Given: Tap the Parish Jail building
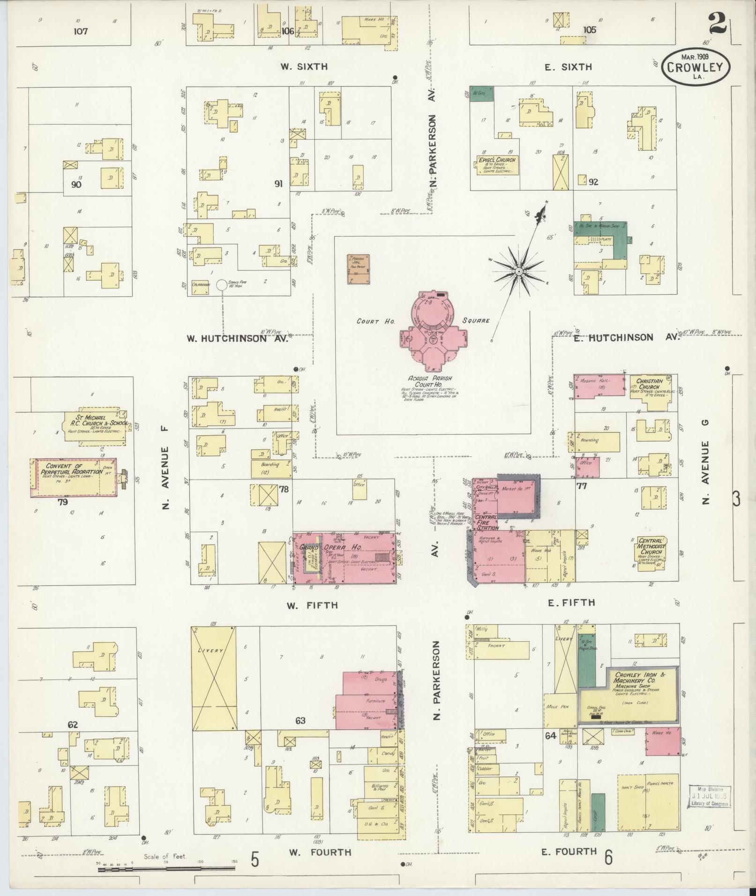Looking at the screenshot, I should (x=359, y=269).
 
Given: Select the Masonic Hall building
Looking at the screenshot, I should (x=600, y=387).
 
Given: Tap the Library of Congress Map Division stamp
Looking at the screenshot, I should (x=709, y=797).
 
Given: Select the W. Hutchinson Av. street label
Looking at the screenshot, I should (x=237, y=339).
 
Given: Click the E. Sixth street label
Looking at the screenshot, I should (x=568, y=67).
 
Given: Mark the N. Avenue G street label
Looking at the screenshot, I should (x=706, y=461).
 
